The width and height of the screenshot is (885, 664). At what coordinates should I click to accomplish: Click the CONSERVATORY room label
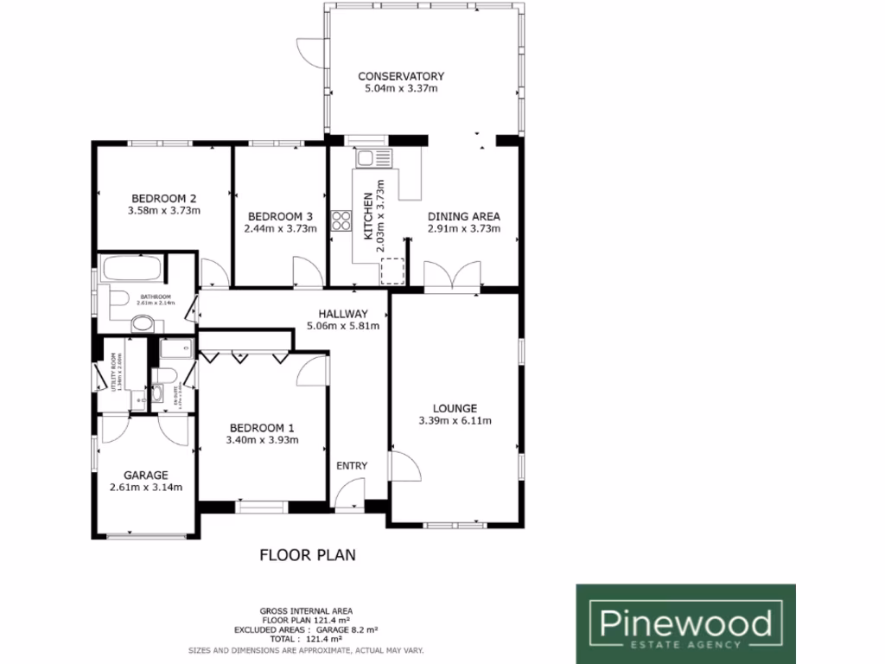401,76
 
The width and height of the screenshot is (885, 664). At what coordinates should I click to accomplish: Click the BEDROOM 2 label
163,197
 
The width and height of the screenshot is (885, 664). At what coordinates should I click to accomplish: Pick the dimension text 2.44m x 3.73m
280,229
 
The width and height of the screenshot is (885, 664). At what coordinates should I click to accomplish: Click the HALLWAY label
343,314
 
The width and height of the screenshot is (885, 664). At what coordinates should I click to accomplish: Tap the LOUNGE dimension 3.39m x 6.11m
455,421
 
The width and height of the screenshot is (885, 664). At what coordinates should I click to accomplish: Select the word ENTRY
352,466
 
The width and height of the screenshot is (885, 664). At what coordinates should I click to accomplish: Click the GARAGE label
145,475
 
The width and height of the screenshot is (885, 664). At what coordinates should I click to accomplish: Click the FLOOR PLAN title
308,554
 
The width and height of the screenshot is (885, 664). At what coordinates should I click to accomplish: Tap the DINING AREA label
464,216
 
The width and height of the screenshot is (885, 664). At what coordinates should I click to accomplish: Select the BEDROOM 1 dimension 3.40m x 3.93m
262,440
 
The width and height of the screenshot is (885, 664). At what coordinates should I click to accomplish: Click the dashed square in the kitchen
393,270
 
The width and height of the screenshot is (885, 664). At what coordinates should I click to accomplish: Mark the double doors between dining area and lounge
455,277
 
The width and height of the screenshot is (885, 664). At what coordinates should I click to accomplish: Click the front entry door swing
350,496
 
